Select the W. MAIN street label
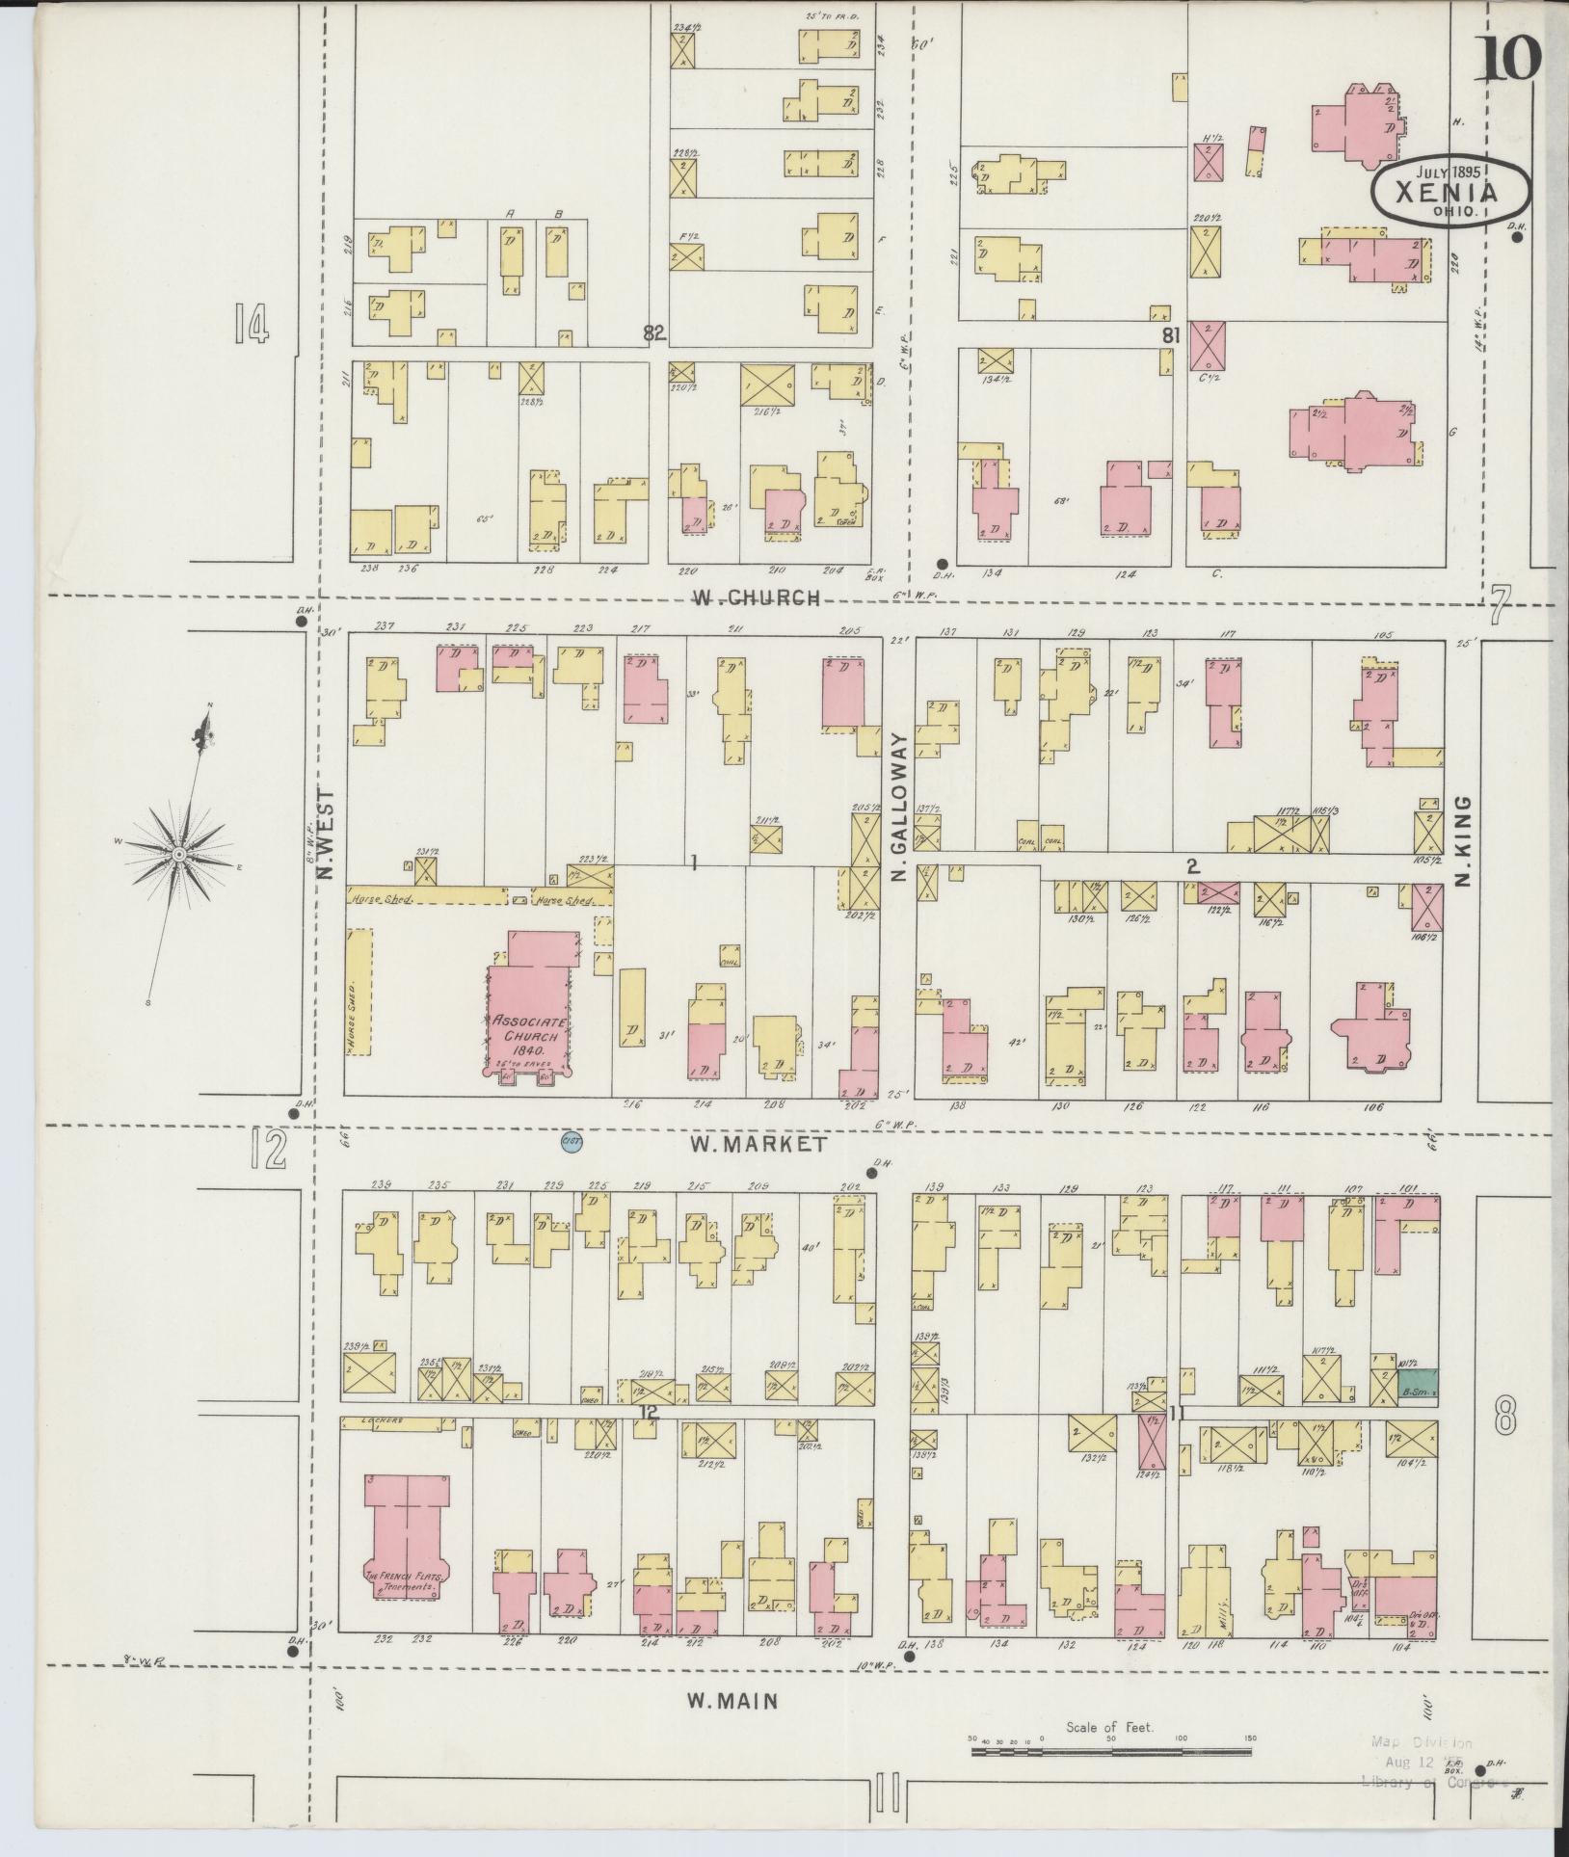[732, 1702]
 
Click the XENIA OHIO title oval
[1451, 190]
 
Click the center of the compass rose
[179, 854]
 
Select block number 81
[1171, 335]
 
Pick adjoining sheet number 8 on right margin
[1506, 1417]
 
